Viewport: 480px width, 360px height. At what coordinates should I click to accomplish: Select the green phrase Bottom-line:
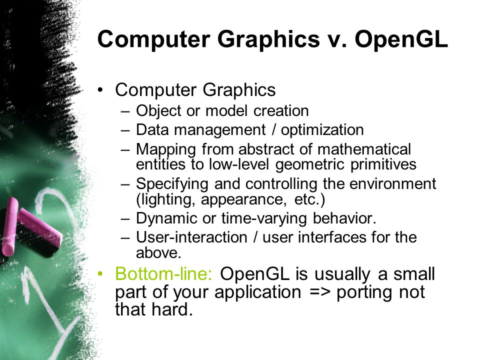pos(163,273)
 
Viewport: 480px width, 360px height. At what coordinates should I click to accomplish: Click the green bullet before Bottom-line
pos(100,273)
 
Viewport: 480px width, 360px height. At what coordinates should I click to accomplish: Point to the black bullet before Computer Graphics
pos(100,90)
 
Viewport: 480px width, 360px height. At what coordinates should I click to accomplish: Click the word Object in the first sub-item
pos(158,111)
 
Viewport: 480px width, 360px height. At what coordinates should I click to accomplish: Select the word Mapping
pos(165,150)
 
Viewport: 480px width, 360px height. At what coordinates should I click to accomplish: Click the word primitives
pos(383,164)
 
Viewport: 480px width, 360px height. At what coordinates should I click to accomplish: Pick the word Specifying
pos(172,184)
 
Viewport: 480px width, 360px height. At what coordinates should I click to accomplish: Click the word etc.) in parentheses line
pos(309,199)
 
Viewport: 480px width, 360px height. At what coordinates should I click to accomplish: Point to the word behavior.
pos(344,218)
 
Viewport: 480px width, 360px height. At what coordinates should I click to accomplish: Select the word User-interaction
pos(191,237)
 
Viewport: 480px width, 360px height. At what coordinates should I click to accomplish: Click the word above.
pos(158,253)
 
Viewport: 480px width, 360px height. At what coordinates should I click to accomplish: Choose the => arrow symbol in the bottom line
pos(320,292)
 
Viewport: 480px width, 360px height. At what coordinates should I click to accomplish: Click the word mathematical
pos(364,149)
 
